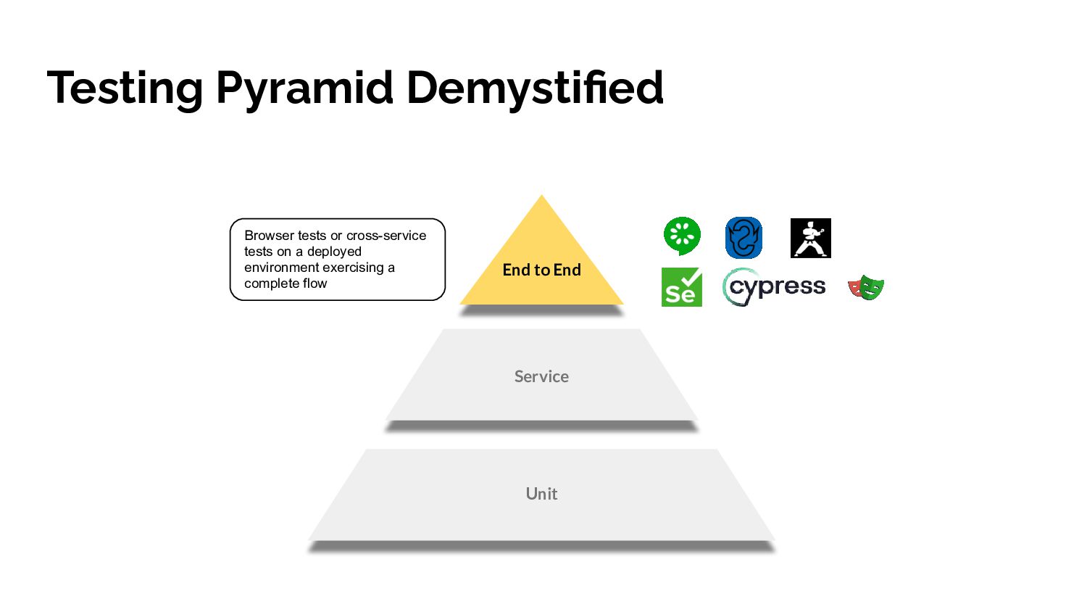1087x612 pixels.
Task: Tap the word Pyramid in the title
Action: point(304,88)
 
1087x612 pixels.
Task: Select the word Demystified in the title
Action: point(534,87)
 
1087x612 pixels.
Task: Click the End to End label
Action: point(541,270)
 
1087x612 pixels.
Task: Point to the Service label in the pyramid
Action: point(541,376)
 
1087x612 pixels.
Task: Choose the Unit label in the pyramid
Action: point(541,494)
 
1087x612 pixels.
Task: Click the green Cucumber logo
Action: point(682,236)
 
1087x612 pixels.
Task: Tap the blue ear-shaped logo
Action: point(744,238)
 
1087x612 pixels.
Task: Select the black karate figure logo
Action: point(810,238)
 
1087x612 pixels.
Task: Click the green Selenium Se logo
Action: point(681,287)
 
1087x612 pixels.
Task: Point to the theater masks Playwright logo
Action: point(866,287)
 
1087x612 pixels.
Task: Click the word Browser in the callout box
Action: point(270,236)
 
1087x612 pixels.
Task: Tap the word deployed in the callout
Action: point(334,252)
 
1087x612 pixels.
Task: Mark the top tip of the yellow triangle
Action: point(541,197)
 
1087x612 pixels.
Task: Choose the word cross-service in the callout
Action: point(386,236)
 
